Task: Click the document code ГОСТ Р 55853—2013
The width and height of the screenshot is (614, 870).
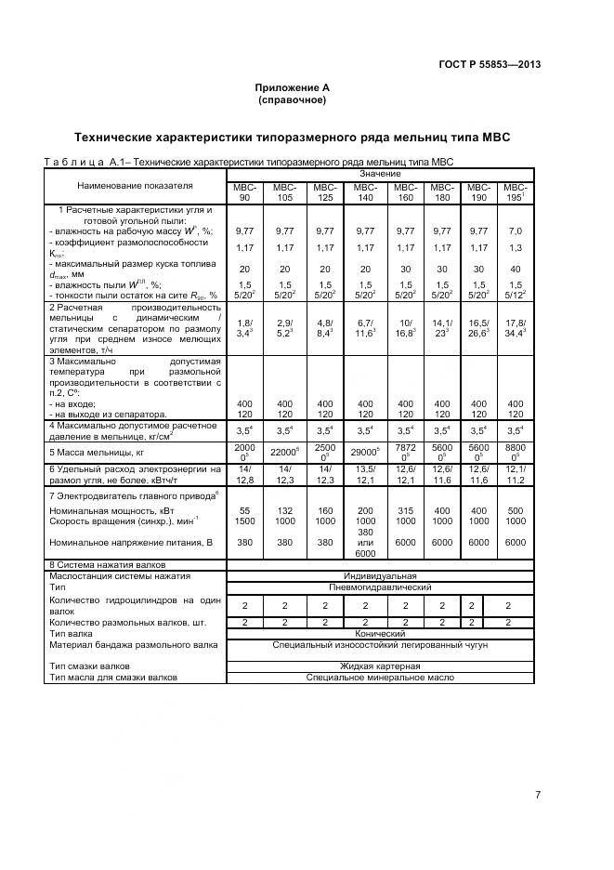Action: click(x=490, y=64)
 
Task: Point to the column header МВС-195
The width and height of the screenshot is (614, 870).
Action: click(x=516, y=192)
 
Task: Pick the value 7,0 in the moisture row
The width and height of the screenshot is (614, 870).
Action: click(x=516, y=231)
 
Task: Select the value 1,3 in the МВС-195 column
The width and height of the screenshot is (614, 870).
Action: click(x=516, y=247)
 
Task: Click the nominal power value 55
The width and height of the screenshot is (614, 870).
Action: click(x=245, y=512)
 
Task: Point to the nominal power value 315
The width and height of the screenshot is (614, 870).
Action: click(x=405, y=512)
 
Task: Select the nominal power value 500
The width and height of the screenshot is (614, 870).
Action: click(x=516, y=512)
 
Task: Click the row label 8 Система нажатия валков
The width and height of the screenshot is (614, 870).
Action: click(x=107, y=564)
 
